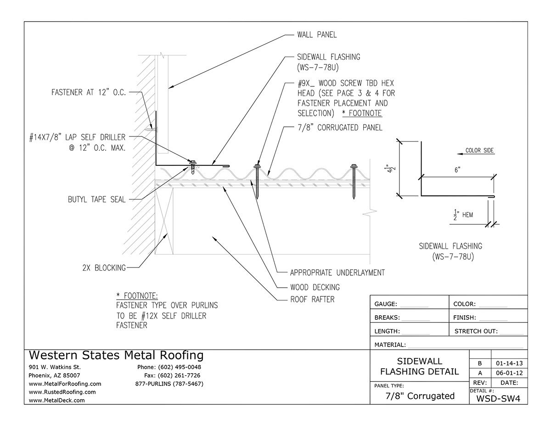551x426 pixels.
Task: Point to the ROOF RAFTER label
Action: (x=312, y=300)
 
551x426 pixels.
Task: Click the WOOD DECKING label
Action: (x=315, y=287)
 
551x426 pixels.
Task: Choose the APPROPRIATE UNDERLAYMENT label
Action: (x=337, y=273)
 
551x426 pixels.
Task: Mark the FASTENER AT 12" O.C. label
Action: (x=87, y=92)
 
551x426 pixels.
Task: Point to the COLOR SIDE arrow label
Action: (x=480, y=150)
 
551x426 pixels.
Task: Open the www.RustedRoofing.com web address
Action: (x=62, y=392)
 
